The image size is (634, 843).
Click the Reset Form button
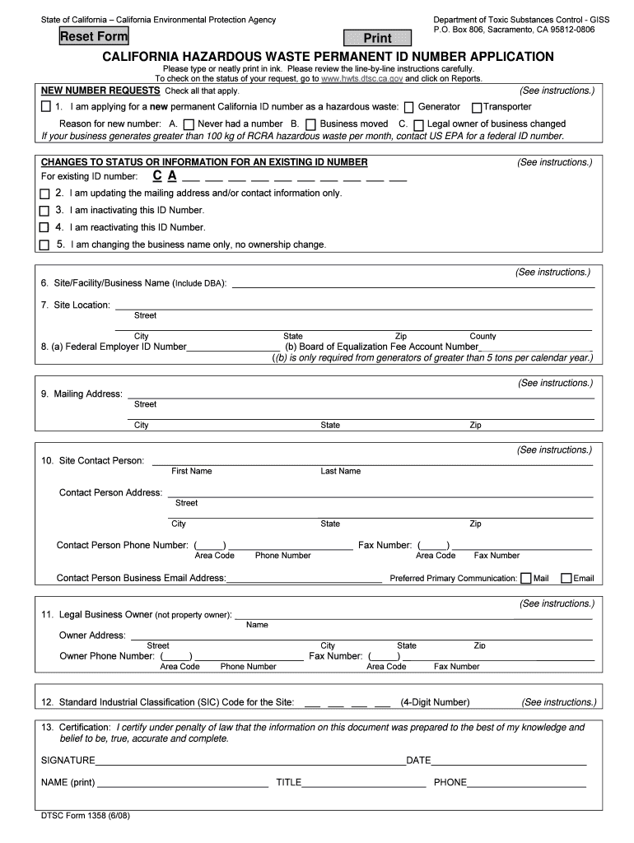pyautogui.click(x=94, y=36)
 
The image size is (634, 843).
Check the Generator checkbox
pyautogui.click(x=408, y=107)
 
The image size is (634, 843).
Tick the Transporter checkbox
pyautogui.click(x=476, y=107)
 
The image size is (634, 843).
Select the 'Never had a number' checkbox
pyautogui.click(x=189, y=124)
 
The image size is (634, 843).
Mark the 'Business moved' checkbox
pyautogui.click(x=310, y=124)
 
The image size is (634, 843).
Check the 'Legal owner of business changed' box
pyautogui.click(x=418, y=124)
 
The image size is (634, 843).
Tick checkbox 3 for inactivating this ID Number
pyautogui.click(x=44, y=211)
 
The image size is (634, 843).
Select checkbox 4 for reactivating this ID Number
pyautogui.click(x=44, y=228)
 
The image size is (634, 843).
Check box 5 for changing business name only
pyautogui.click(x=44, y=245)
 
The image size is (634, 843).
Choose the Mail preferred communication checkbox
pyautogui.click(x=527, y=578)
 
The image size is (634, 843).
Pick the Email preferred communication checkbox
pyautogui.click(x=566, y=578)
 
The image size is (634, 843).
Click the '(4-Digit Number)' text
pyautogui.click(x=435, y=702)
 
